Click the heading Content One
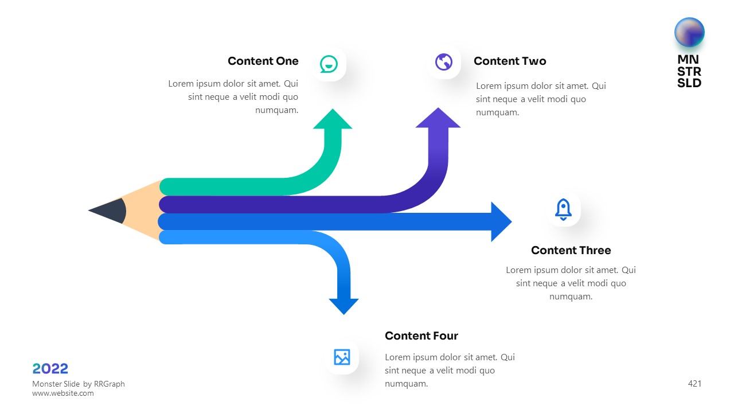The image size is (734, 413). click(x=263, y=61)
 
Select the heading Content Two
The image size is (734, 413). click(x=509, y=61)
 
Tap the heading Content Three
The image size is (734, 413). click(x=571, y=251)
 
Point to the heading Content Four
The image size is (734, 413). click(x=421, y=336)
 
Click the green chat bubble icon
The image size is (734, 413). click(x=329, y=64)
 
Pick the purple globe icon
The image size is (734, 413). click(x=444, y=62)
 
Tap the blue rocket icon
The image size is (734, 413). click(x=563, y=210)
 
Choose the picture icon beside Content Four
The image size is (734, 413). click(x=342, y=357)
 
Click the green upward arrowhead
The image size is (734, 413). click(x=333, y=119)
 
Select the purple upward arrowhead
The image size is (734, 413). click(x=438, y=118)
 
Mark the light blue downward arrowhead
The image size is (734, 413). click(x=343, y=306)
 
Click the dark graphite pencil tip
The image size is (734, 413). click(x=109, y=211)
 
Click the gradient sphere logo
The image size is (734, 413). click(x=689, y=32)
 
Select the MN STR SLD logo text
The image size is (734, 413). click(x=689, y=71)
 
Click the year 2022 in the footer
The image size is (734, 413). click(x=50, y=369)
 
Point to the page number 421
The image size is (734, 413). click(x=694, y=384)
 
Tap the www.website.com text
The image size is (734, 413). click(x=63, y=393)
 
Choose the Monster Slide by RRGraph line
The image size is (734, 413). click(x=79, y=384)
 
